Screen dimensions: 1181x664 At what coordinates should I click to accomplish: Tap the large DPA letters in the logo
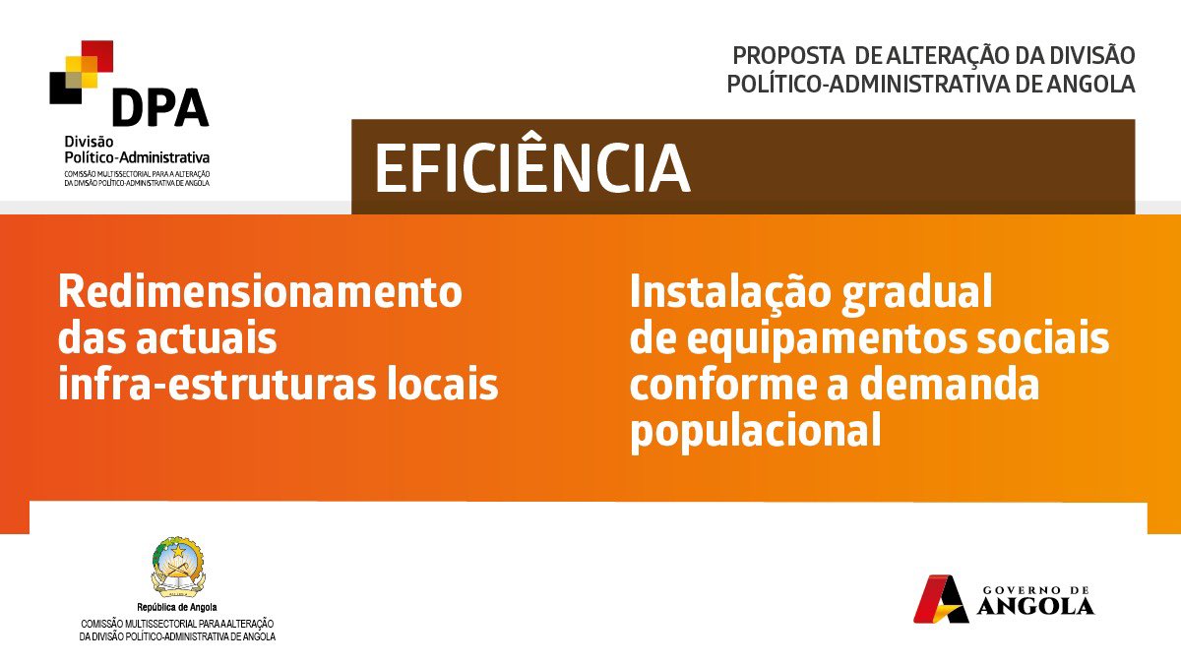click(x=160, y=107)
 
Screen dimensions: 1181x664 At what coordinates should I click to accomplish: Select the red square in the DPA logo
click(x=97, y=56)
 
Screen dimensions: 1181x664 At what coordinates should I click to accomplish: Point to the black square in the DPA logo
click(x=65, y=88)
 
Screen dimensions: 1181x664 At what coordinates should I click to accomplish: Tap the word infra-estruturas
click(x=218, y=385)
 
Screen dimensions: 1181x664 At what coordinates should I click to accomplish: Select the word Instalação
click(x=730, y=293)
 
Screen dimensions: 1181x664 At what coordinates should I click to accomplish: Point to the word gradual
click(x=916, y=294)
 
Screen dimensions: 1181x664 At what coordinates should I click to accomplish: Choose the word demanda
click(x=950, y=385)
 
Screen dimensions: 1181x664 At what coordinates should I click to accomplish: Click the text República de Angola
click(x=177, y=607)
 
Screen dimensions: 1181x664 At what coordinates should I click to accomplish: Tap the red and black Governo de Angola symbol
click(x=941, y=599)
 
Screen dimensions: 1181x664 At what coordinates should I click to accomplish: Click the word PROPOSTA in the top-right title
click(x=788, y=56)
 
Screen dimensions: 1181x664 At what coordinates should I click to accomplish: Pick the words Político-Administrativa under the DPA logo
click(x=137, y=157)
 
